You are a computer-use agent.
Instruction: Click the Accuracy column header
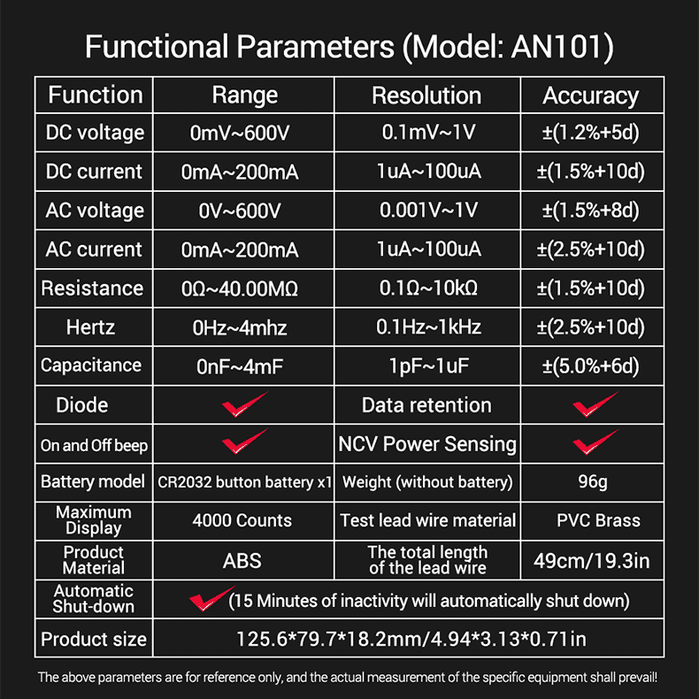[591, 96]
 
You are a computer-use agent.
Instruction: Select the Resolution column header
[426, 96]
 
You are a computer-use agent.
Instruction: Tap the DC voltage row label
[95, 133]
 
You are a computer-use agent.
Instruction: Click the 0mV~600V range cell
[240, 133]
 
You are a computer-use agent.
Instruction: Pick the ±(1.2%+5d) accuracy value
[591, 133]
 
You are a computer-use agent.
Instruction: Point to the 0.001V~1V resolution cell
[428, 210]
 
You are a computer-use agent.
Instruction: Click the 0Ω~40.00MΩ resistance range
[240, 288]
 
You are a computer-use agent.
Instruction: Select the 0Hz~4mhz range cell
[240, 327]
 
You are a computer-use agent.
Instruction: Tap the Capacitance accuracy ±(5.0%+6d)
[591, 366]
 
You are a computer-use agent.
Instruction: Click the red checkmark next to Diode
[244, 405]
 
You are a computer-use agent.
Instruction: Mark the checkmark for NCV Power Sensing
[595, 442]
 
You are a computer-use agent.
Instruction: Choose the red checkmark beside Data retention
[595, 404]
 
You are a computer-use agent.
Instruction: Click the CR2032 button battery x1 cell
[245, 482]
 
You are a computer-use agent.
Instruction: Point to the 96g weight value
[593, 482]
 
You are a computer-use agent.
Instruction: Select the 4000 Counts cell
[242, 520]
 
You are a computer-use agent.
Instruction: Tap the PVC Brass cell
[598, 520]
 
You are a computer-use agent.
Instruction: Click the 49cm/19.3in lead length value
[592, 561]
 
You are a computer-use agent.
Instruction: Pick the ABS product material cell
[242, 561]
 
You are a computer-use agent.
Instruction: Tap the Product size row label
[94, 639]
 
